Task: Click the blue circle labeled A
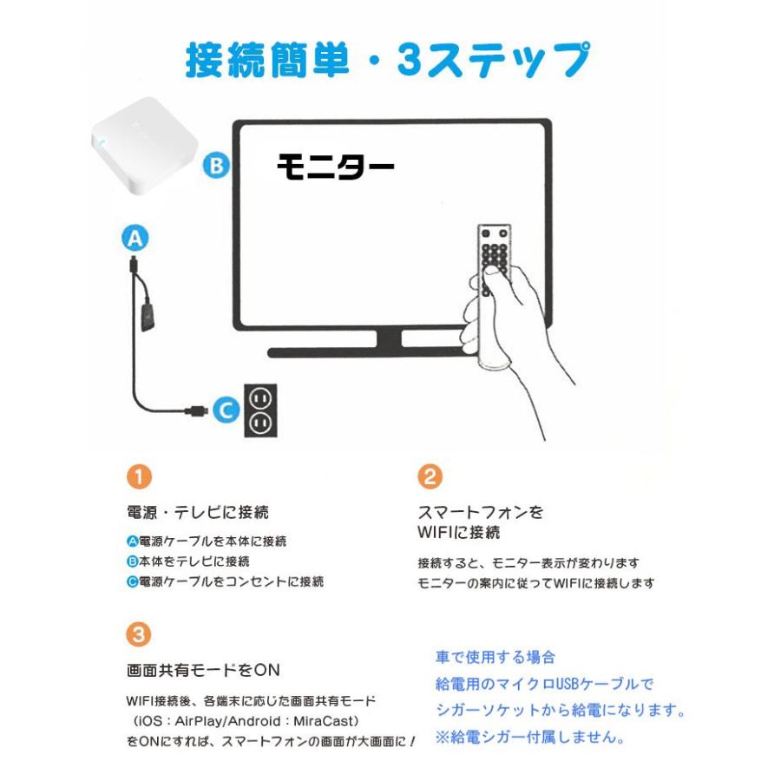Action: (135, 238)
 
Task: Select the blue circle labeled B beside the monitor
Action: (216, 165)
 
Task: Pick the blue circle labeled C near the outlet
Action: (226, 410)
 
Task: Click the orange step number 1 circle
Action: (139, 476)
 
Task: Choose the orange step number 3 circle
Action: (139, 634)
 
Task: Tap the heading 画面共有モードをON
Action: (203, 670)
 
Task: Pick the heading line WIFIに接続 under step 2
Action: (458, 531)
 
